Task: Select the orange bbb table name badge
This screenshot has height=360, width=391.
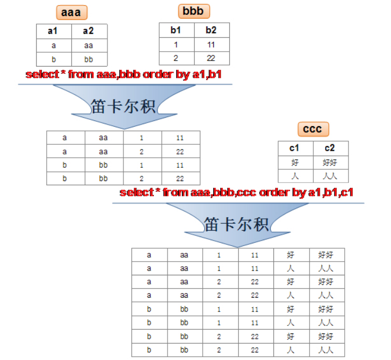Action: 194,11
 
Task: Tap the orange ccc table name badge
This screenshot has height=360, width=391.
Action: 313,129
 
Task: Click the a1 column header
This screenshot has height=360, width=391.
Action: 54,31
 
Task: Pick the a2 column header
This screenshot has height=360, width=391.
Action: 89,31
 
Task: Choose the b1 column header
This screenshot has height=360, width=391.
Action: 176,30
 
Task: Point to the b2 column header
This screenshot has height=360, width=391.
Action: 211,30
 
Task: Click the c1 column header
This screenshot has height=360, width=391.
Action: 295,148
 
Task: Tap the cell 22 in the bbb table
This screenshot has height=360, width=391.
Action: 211,58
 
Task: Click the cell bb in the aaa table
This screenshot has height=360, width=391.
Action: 89,59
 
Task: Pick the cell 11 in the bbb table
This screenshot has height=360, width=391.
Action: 211,45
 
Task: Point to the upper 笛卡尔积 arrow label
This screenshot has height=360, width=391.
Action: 123,106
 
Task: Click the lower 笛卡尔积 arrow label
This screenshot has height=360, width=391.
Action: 236,224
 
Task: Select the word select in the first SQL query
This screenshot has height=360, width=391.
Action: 42,75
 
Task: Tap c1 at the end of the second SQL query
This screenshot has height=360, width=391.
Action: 347,192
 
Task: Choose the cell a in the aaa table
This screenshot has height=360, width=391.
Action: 54,45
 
